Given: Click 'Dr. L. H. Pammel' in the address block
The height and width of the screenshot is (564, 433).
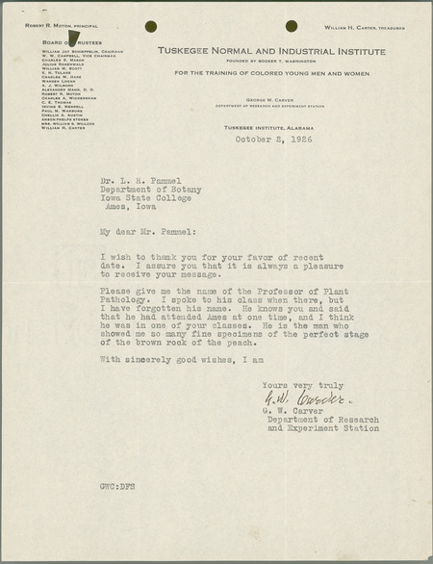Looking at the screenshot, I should pyautogui.click(x=145, y=178).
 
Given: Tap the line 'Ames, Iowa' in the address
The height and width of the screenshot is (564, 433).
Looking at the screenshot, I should pyautogui.click(x=139, y=205).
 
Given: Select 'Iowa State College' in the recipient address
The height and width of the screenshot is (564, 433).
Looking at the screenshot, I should pyautogui.click(x=153, y=196).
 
